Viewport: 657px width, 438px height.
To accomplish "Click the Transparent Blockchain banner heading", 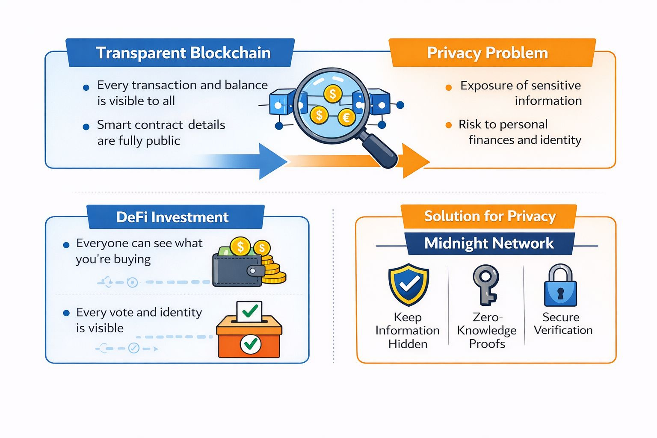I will pyautogui.click(x=183, y=53).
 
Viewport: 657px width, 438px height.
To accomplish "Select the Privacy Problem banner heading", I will pyautogui.click(x=487, y=53).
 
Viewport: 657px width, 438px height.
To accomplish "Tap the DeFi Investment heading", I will pyautogui.click(x=172, y=217).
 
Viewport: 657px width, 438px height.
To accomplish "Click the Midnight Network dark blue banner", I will pyautogui.click(x=489, y=243).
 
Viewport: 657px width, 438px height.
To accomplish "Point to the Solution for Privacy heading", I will pyautogui.click(x=490, y=216).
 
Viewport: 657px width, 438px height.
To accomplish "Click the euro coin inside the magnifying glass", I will pyautogui.click(x=346, y=117).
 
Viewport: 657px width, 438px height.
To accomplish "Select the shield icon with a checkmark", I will pyautogui.click(x=408, y=284).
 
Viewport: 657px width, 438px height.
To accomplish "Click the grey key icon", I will pyautogui.click(x=486, y=284).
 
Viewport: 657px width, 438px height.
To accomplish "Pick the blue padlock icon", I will pyautogui.click(x=560, y=286).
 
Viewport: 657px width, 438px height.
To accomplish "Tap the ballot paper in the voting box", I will pyautogui.click(x=249, y=312).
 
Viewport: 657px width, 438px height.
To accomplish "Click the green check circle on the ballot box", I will pyautogui.click(x=251, y=344).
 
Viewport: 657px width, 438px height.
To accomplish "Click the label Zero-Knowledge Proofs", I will pyautogui.click(x=487, y=330).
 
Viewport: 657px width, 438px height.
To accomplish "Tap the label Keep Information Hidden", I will pyautogui.click(x=408, y=330).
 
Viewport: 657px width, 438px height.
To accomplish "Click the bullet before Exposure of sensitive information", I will pyautogui.click(x=449, y=88).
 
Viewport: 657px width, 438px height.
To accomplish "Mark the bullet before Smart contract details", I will pyautogui.click(x=86, y=127).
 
